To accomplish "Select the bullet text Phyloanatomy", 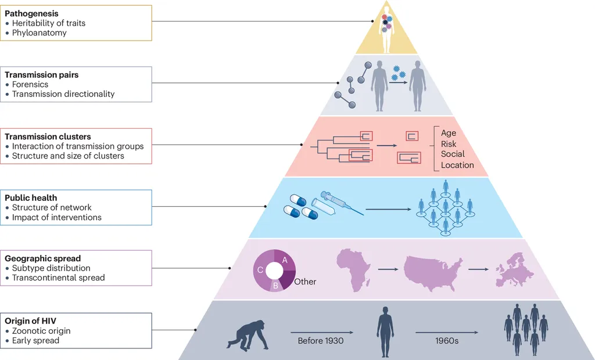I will (40, 33).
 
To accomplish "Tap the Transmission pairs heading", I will (41, 75).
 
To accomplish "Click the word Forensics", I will (30, 84).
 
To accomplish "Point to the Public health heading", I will (30, 197).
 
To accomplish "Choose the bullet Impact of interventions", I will (57, 217).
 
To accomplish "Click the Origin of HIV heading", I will (30, 321).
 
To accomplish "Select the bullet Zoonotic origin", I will (41, 331).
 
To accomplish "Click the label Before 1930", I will (321, 341).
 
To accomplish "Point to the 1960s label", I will (446, 341).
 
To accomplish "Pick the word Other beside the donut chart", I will (305, 282).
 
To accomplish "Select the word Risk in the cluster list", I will (449, 144).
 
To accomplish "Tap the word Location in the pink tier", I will (457, 165).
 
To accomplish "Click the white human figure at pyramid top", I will (386, 29).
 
